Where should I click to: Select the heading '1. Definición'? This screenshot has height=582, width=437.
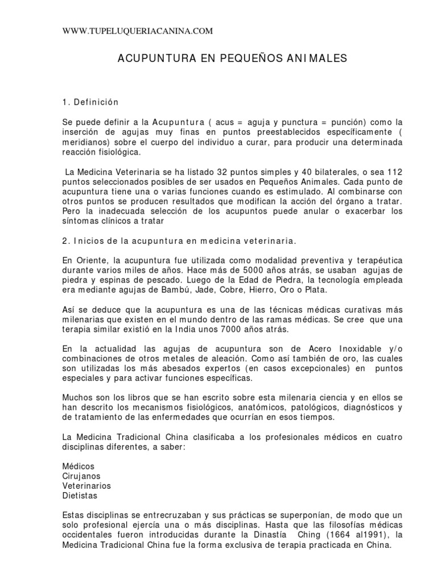[x=90, y=102]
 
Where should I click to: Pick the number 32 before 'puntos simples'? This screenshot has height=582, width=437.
[x=222, y=172]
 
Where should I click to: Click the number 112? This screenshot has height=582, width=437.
[x=394, y=172]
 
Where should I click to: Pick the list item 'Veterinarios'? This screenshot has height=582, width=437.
[x=86, y=485]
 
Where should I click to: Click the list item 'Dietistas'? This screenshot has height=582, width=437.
[x=79, y=496]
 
